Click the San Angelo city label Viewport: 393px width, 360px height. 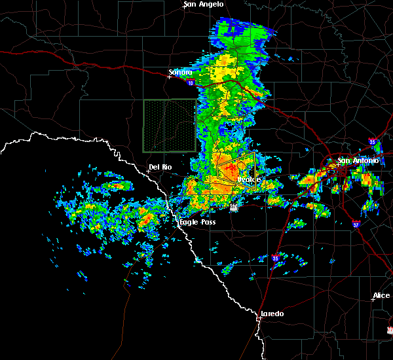click(x=204, y=4)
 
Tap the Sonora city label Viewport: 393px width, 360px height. click(x=181, y=72)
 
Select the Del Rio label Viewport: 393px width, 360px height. click(x=160, y=167)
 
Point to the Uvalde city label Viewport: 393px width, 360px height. click(x=249, y=179)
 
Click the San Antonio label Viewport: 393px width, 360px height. click(x=358, y=160)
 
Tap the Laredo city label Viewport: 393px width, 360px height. click(x=272, y=314)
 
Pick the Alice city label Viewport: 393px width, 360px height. click(x=381, y=296)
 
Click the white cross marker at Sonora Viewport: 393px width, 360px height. click(x=169, y=77)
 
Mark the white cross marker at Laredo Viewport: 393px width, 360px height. click(x=260, y=318)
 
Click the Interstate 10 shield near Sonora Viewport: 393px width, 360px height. click(x=189, y=83)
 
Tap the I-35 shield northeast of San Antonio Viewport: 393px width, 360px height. click(x=373, y=141)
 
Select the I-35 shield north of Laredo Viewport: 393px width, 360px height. click(x=275, y=259)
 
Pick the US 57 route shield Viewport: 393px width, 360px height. click(x=234, y=207)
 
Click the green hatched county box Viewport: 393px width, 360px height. click(x=169, y=126)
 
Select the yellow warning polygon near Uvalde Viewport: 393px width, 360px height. click(x=236, y=171)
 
